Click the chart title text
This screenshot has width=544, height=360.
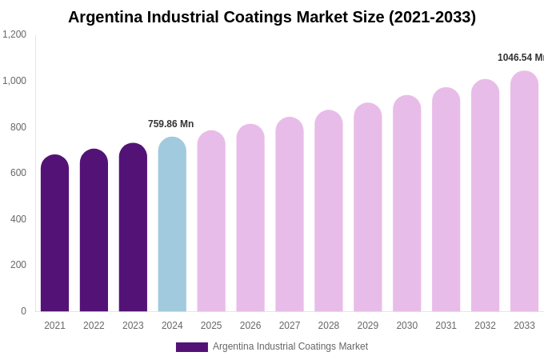click(x=272, y=17)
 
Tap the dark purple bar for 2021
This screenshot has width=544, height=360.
click(x=54, y=233)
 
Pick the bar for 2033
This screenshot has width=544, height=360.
click(x=524, y=191)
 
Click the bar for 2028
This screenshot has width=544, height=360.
click(x=328, y=211)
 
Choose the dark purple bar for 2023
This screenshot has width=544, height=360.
click(x=133, y=227)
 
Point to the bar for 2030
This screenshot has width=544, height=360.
click(x=406, y=203)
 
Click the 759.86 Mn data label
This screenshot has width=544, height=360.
click(x=170, y=124)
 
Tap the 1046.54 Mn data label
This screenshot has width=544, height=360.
click(x=520, y=58)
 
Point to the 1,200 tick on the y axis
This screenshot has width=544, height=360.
click(x=14, y=34)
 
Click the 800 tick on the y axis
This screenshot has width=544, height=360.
click(x=18, y=127)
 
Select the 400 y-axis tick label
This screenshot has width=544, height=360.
click(x=18, y=219)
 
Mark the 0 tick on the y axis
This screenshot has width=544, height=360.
click(x=23, y=311)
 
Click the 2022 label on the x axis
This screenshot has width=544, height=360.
click(x=94, y=326)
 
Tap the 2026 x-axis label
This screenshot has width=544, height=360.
click(x=250, y=326)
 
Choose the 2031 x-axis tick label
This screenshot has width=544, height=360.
click(x=446, y=326)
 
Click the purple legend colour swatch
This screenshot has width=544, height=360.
click(x=192, y=347)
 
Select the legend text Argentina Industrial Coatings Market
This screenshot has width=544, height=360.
click(x=290, y=346)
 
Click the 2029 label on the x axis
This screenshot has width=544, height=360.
click(x=367, y=326)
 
